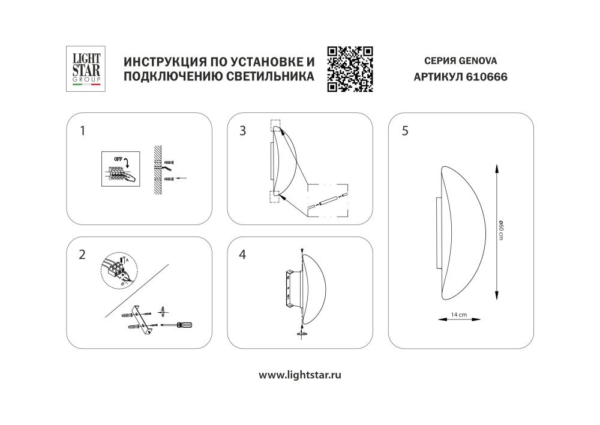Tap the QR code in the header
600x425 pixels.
click(350, 69)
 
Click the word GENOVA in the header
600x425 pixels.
click(478, 61)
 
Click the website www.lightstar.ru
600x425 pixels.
click(300, 375)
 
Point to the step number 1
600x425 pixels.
click(83, 130)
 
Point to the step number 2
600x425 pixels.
click(82, 255)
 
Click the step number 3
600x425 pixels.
click(242, 130)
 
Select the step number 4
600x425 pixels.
click(242, 255)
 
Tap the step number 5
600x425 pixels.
click(405, 131)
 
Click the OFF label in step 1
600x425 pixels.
click(114, 158)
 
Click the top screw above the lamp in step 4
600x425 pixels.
click(301, 250)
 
